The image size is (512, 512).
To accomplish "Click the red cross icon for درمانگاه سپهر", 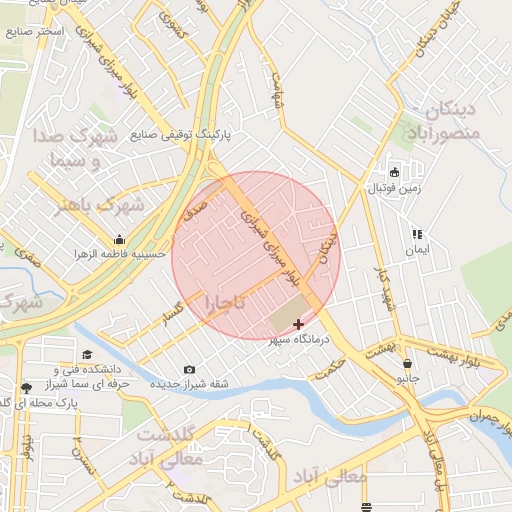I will point(298,324).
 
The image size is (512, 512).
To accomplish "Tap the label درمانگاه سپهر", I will point(301,341).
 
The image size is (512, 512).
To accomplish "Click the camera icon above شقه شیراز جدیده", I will point(190,370).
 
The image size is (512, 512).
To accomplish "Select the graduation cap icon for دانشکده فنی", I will point(87,355).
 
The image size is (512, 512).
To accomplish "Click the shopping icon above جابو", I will point(407,363).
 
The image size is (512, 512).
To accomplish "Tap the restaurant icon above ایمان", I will point(417,234).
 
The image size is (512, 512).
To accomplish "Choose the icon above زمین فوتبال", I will point(394,171).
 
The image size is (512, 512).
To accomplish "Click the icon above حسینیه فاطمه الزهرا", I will point(120,240).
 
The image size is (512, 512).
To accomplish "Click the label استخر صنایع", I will point(34,32).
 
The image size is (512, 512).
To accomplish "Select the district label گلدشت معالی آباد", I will point(168,448).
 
